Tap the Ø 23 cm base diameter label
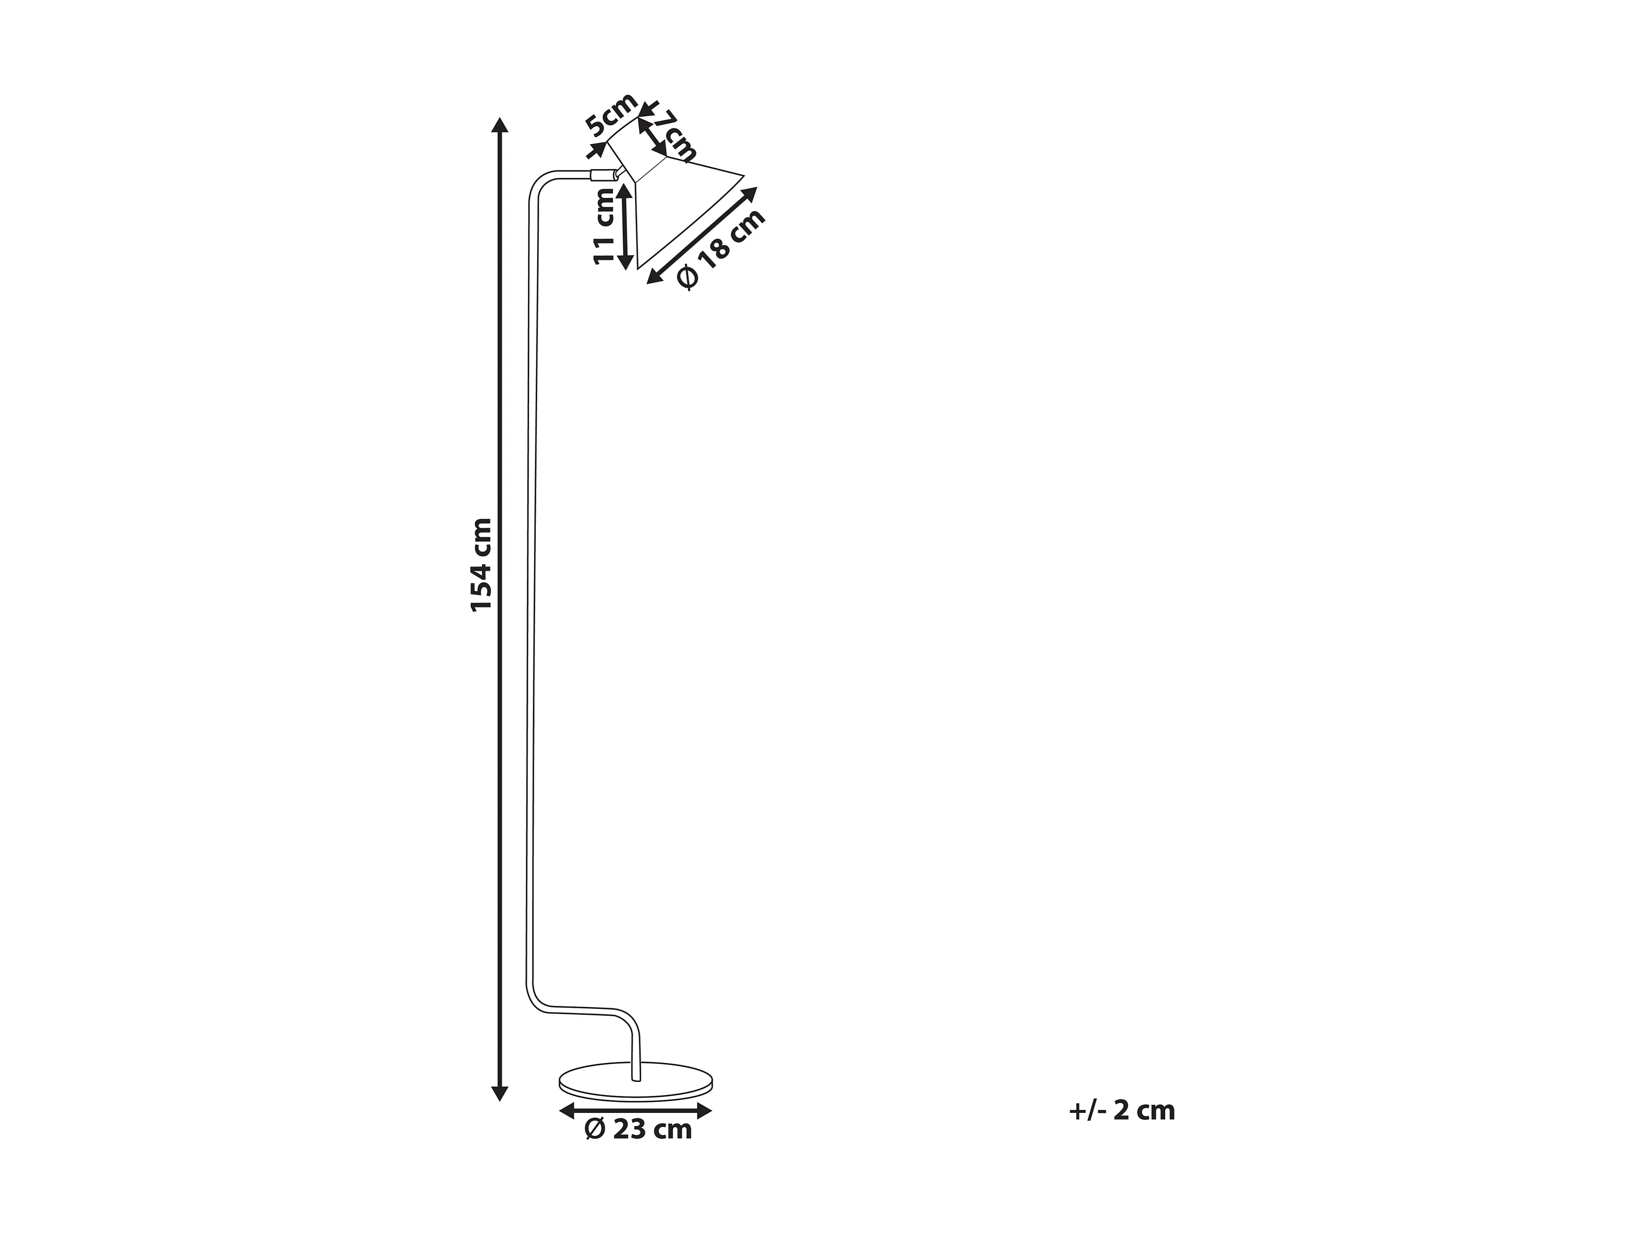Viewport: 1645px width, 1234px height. coord(638,1129)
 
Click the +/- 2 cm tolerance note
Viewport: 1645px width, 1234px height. coord(1121,1110)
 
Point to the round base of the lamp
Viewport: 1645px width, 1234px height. coord(636,1083)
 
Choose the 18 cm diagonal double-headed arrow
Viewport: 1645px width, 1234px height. coord(703,235)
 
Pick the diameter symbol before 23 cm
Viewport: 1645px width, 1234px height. coord(595,1129)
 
